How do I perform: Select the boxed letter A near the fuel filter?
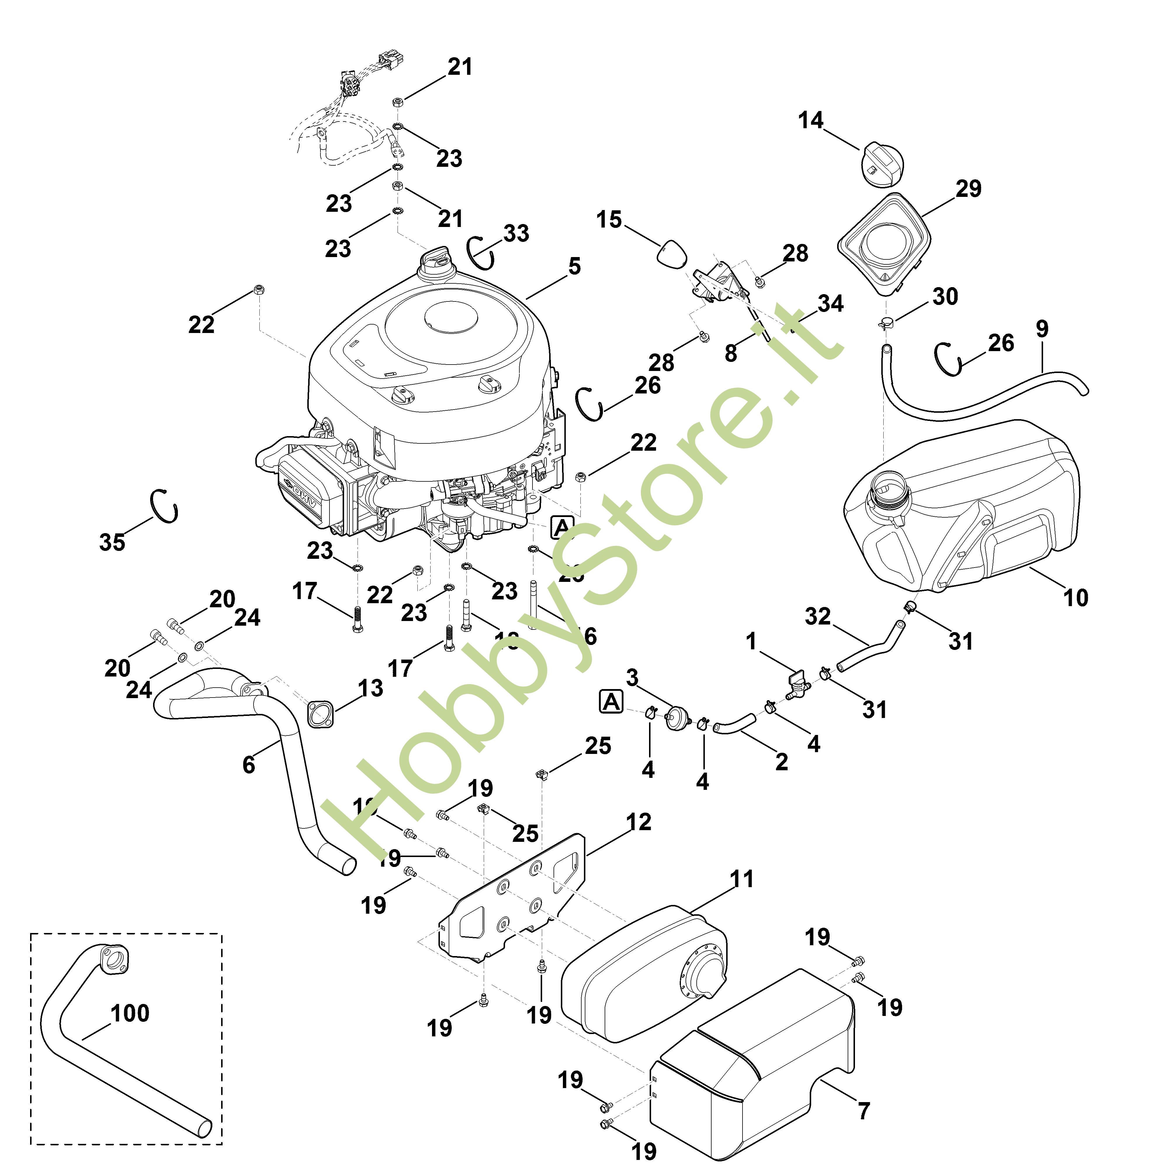(x=611, y=702)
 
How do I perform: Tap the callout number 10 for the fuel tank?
(x=1075, y=597)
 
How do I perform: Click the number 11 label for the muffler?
(x=741, y=879)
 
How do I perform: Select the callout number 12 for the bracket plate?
(x=639, y=822)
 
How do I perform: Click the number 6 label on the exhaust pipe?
(x=248, y=765)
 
